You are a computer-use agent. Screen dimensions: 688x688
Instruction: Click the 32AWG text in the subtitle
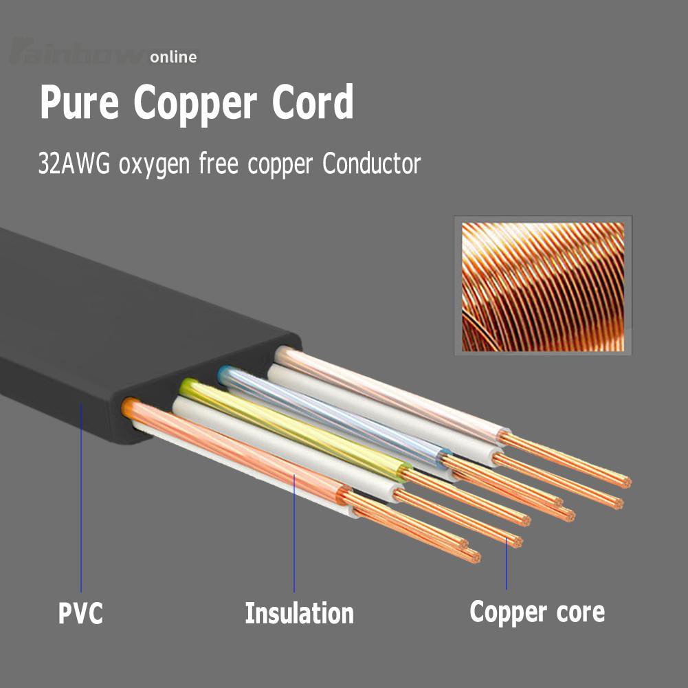point(74,165)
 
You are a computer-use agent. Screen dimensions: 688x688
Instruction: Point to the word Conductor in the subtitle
point(371,165)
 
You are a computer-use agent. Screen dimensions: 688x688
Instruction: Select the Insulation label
point(299,612)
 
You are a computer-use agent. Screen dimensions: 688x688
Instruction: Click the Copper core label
point(537,612)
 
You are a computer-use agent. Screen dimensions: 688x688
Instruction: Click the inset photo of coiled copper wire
point(542,286)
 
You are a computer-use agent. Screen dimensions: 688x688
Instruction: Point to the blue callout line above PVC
point(80,495)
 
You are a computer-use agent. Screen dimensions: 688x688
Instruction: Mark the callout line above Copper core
point(507,564)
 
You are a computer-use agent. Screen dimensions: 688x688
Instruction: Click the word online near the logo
point(173,57)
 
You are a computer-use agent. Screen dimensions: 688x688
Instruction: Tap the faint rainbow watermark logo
point(76,52)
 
